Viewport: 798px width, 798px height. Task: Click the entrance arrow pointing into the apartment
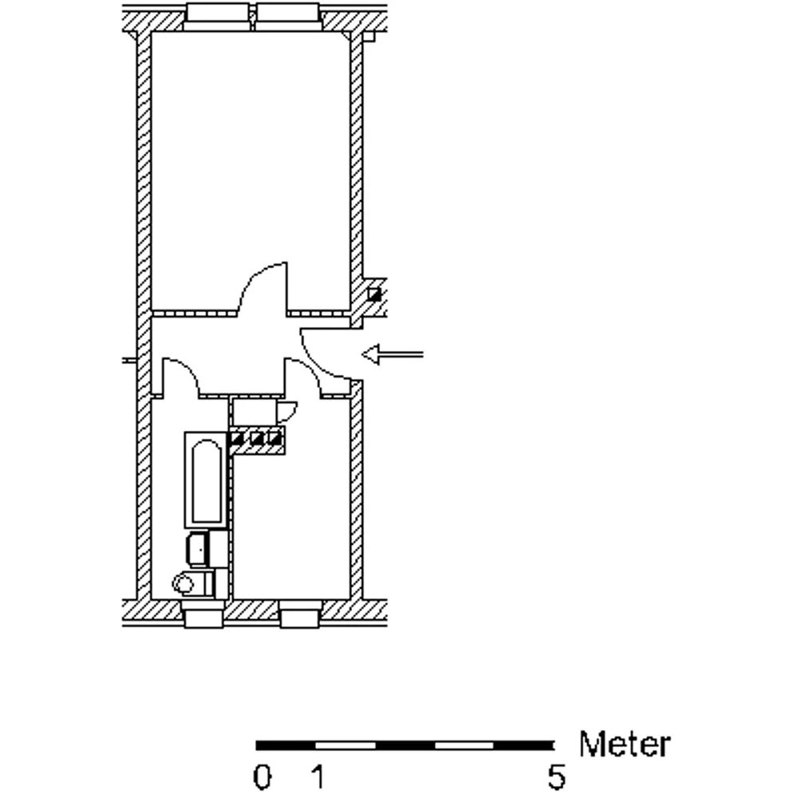tap(393, 354)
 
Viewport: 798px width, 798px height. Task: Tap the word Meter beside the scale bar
tap(625, 744)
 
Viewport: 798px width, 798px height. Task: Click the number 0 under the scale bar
tap(262, 777)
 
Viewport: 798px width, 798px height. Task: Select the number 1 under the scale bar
tap(318, 777)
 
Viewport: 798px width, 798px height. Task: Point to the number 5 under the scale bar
tap(556, 777)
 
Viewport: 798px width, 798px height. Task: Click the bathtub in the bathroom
tap(206, 480)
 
